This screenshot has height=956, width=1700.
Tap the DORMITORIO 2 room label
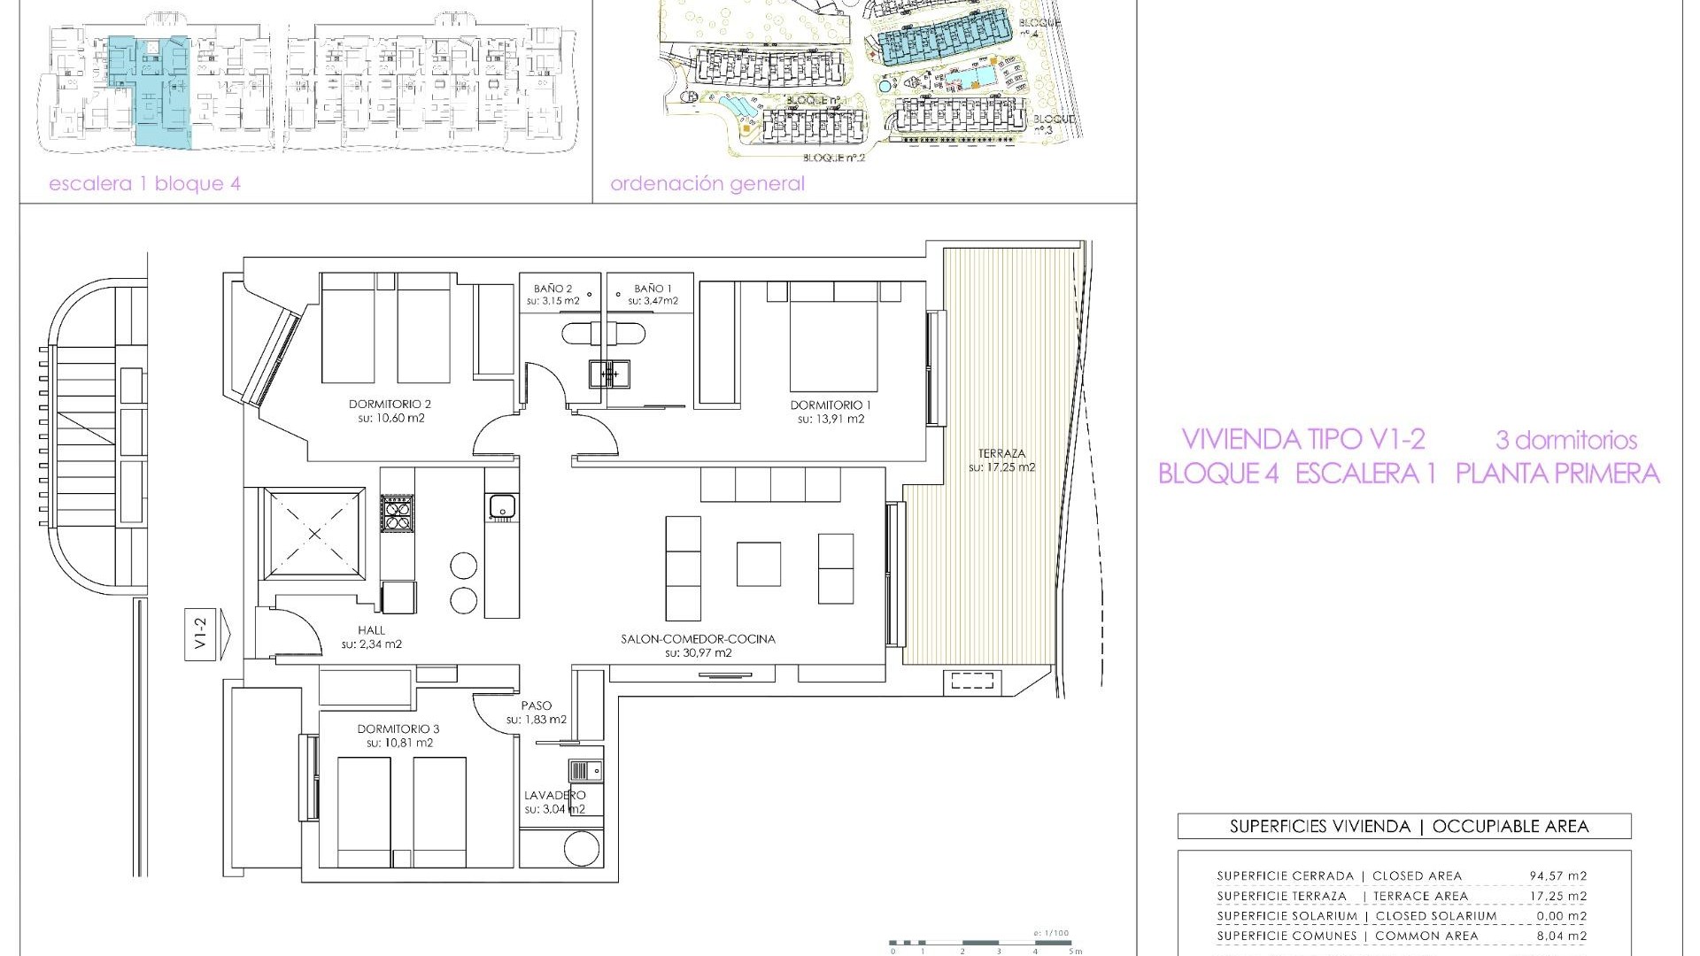[390, 404]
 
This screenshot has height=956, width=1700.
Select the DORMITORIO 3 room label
[398, 729]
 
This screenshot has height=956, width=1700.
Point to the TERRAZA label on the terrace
[1001, 452]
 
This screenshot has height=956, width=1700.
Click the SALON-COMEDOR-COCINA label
[698, 638]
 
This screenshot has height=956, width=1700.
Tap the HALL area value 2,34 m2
[372, 644]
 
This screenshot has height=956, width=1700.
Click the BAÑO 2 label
[552, 289]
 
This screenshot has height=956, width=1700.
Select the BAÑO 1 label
[653, 289]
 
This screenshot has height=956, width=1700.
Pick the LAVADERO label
[554, 795]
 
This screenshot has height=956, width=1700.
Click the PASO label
[537, 705]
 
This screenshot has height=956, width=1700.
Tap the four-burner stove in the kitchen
[397, 513]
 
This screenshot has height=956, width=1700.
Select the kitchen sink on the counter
[502, 507]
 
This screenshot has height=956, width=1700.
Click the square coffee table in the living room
[759, 565]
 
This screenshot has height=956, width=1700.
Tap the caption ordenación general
[707, 184]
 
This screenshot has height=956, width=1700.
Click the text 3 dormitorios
[1565, 440]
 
